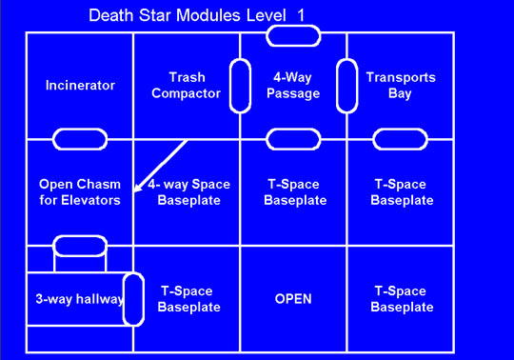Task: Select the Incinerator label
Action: [80, 85]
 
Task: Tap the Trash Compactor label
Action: [187, 85]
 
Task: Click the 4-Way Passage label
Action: [294, 85]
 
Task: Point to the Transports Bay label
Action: [401, 85]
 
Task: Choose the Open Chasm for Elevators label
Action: [80, 192]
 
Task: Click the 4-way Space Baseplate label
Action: [187, 192]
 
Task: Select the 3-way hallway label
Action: [67, 299]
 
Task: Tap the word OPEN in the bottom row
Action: [294, 299]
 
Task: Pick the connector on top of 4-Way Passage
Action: [293, 35]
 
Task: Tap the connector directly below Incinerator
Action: [80, 139]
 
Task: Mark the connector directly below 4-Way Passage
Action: [293, 139]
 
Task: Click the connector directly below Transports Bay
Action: [401, 139]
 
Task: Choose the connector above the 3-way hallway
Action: [80, 246]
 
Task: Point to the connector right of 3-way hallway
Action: [133, 298]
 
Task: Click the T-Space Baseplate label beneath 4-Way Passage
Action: [294, 192]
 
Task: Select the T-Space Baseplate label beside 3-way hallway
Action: [187, 299]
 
